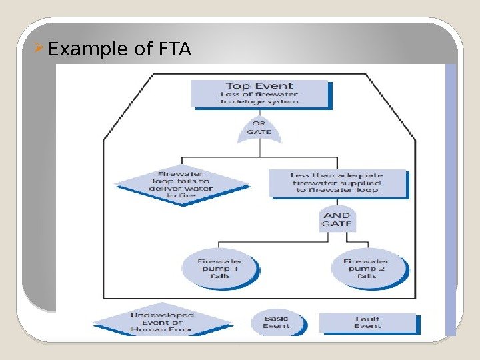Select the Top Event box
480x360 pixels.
(x=259, y=93)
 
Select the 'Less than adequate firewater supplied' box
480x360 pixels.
(x=337, y=183)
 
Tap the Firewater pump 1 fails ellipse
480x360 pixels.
(x=220, y=268)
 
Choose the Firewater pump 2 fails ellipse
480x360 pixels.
(x=366, y=268)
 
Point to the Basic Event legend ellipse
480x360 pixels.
(x=277, y=323)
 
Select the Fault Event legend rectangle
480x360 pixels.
(x=367, y=323)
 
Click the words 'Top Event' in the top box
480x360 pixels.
(x=259, y=86)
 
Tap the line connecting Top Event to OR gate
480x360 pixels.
(x=259, y=112)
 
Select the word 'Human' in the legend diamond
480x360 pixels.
(x=149, y=329)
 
